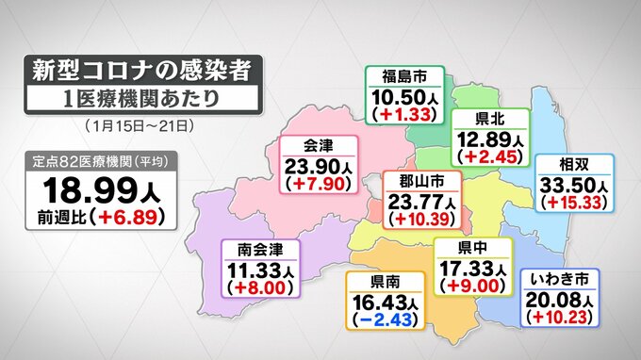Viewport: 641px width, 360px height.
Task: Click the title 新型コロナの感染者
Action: pos(141,72)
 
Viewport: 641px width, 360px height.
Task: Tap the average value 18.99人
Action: pos(105,188)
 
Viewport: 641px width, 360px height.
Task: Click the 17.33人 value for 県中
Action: pos(470,269)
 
